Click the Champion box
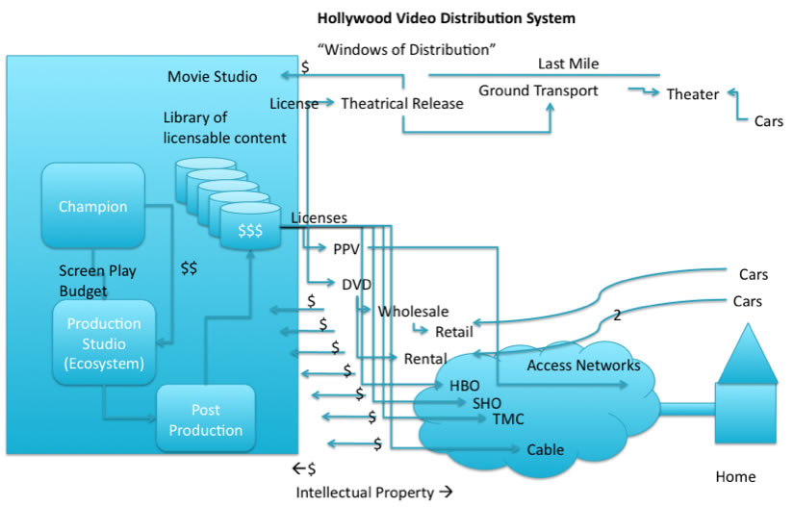point(92,206)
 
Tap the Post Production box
point(205,420)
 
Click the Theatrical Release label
point(401,103)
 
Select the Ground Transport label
point(538,90)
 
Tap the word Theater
point(693,94)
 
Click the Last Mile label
point(568,64)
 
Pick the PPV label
point(346,249)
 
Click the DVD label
point(356,284)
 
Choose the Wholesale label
point(413,312)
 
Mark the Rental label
point(424,359)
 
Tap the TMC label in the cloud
point(508,419)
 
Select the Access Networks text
point(583,366)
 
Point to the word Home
point(735,476)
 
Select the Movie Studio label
point(212,76)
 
